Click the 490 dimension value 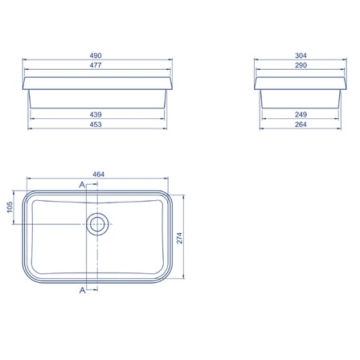pos(96,55)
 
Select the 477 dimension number pos(96,65)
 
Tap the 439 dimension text pos(96,115)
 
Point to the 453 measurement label pos(96,125)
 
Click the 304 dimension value pos(301,55)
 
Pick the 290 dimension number pos(301,65)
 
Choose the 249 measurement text pos(301,115)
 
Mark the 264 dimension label pos(301,125)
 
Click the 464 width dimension pos(98,174)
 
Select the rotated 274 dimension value pos(179,238)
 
